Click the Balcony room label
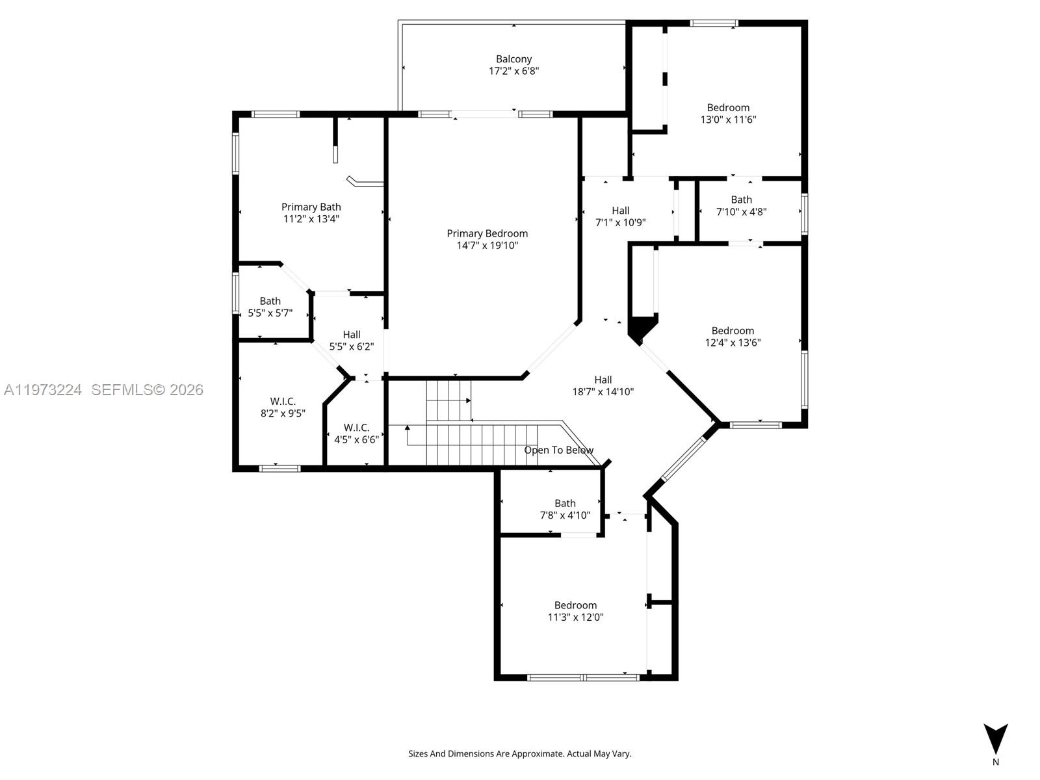pos(513,59)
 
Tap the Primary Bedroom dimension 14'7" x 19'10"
pos(487,246)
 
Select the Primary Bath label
pos(311,207)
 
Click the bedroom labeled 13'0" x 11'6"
pos(728,114)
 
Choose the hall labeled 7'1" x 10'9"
pos(620,216)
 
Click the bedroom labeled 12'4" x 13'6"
pos(733,337)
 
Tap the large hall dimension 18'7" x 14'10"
pos(603,392)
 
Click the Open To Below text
pos(558,450)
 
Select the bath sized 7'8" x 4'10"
pos(565,510)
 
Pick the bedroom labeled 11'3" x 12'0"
pos(575,612)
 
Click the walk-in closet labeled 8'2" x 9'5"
pos(283,408)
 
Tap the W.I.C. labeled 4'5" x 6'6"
pos(356,434)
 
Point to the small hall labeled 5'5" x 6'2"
pos(351,341)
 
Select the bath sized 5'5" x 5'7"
pos(270,307)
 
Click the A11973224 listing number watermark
pos(43,390)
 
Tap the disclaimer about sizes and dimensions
pos(519,754)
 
